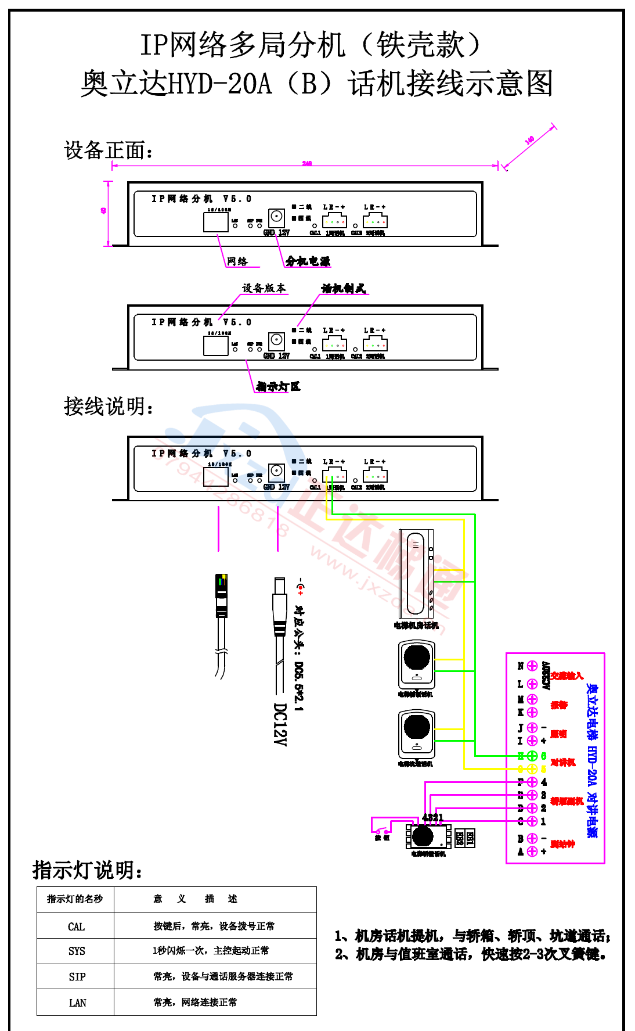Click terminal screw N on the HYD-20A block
click(x=532, y=666)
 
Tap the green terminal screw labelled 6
click(x=532, y=756)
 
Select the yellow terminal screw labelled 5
click(x=532, y=769)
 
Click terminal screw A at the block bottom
click(x=532, y=852)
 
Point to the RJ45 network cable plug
click(x=221, y=595)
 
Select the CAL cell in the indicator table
click(x=76, y=926)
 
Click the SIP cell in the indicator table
click(x=77, y=977)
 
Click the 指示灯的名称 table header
click(x=75, y=899)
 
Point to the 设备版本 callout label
click(x=264, y=288)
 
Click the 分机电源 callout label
click(x=308, y=261)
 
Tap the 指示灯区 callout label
click(x=279, y=386)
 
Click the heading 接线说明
click(x=109, y=407)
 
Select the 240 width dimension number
click(x=306, y=164)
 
